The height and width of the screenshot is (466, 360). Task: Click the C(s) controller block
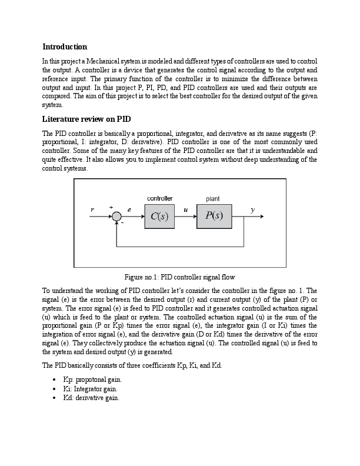[x=159, y=216]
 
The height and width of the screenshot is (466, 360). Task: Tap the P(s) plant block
[x=214, y=216]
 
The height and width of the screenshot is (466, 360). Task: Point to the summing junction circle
[x=116, y=217]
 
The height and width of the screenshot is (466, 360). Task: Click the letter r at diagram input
[x=92, y=209]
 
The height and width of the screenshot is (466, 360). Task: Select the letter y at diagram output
[x=253, y=209]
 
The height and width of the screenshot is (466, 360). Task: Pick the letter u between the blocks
[x=186, y=209]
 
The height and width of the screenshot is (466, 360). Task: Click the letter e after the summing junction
[x=129, y=209]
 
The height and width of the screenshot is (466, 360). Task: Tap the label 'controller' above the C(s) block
[x=159, y=199]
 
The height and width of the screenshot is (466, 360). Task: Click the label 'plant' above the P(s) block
[x=213, y=199]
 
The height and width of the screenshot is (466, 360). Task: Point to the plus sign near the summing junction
[x=111, y=208]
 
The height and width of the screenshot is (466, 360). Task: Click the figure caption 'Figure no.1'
[x=179, y=277]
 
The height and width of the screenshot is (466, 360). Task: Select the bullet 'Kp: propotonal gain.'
[x=92, y=381]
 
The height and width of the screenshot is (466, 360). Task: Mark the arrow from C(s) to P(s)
[x=186, y=217]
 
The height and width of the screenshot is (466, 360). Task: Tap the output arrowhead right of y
[x=262, y=217]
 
